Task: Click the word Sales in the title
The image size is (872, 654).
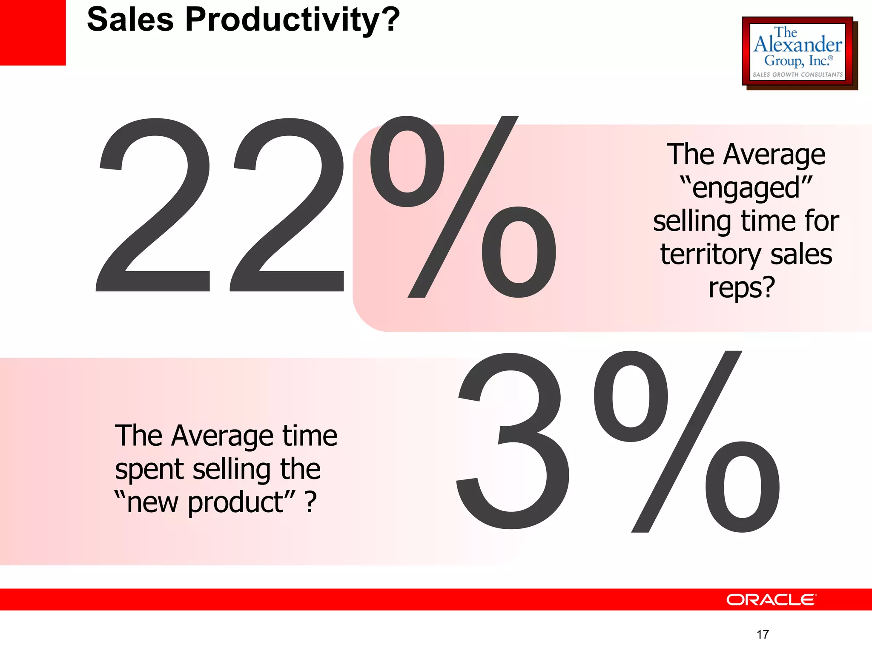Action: pyautogui.click(x=130, y=20)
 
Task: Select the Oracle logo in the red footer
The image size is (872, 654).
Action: pyautogui.click(x=771, y=599)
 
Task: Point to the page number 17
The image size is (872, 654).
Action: pyautogui.click(x=763, y=634)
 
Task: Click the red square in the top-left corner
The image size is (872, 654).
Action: pyautogui.click(x=33, y=32)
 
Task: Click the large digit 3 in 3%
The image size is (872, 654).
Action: pyautogui.click(x=513, y=441)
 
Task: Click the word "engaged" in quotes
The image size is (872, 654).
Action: pyautogui.click(x=746, y=188)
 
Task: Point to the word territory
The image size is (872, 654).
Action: pyautogui.click(x=710, y=255)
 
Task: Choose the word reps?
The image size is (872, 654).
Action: pyautogui.click(x=741, y=288)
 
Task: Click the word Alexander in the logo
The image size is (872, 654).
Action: pyautogui.click(x=798, y=45)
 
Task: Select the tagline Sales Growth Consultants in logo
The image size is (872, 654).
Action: pyautogui.click(x=797, y=75)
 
